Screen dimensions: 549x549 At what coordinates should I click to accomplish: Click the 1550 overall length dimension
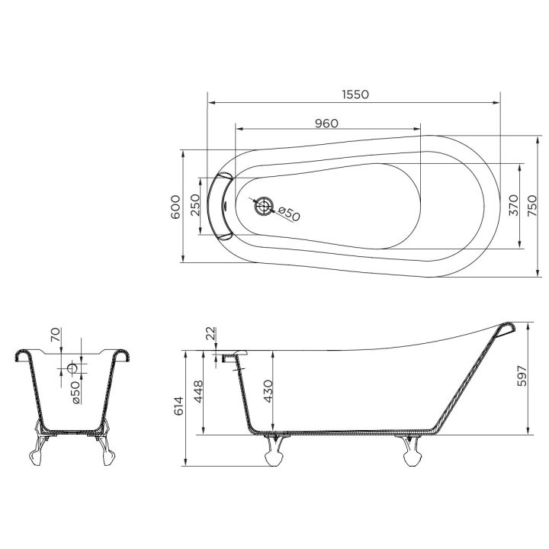click(355, 95)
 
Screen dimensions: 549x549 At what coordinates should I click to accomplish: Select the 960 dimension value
click(326, 123)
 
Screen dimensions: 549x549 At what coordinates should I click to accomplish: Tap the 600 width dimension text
click(175, 206)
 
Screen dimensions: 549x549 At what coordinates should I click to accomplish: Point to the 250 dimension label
click(194, 206)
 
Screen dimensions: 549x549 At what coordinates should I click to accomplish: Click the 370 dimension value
click(513, 206)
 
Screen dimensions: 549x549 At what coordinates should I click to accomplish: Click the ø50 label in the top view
click(289, 214)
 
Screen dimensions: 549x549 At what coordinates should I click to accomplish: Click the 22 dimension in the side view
click(211, 334)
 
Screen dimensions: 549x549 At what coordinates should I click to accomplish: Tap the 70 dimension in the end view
click(55, 335)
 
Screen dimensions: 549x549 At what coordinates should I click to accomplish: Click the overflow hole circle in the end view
click(73, 368)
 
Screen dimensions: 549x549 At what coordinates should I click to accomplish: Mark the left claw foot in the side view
click(273, 451)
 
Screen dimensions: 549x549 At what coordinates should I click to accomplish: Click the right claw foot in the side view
click(412, 451)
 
